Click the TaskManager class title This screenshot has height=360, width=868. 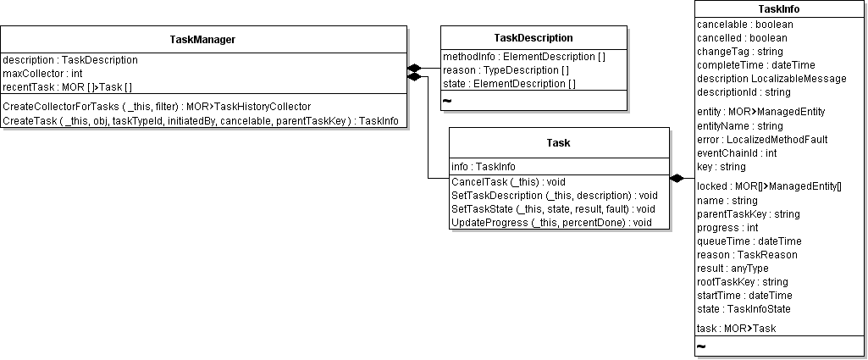(202, 39)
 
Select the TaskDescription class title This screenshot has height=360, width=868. (534, 37)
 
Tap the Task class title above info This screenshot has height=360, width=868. (559, 143)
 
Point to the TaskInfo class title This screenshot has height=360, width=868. (779, 8)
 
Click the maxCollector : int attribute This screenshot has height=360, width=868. (42, 73)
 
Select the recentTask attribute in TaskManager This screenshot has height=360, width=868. (68, 87)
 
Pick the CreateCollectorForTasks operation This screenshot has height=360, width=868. (158, 107)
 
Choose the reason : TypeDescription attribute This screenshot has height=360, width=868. (506, 70)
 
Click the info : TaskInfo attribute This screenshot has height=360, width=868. (484, 167)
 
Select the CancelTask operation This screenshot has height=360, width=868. (509, 181)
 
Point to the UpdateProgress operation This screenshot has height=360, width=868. (552, 223)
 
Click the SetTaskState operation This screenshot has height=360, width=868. (554, 208)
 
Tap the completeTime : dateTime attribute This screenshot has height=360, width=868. (756, 64)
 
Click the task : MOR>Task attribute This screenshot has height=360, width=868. (737, 329)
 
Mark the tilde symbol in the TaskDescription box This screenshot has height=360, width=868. (447, 101)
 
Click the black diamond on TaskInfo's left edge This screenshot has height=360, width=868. (677, 179)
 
